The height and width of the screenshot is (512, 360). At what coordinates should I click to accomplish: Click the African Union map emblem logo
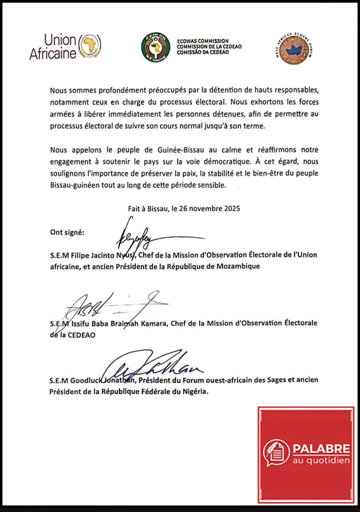click(91, 45)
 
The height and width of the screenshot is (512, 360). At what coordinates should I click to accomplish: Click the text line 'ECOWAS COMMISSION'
click(203, 41)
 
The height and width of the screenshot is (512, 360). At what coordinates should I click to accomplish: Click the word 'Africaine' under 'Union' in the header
click(52, 54)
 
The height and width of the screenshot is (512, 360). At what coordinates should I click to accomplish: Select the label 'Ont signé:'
click(67, 232)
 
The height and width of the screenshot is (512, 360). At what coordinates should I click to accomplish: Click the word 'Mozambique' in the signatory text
click(236, 266)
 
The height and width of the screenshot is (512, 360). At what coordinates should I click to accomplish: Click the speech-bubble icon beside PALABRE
click(276, 452)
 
